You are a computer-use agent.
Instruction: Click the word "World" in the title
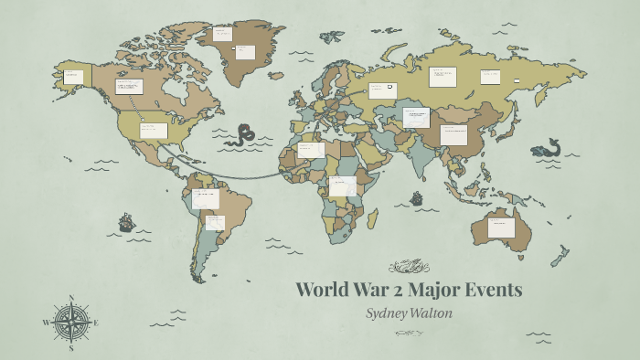(326, 291)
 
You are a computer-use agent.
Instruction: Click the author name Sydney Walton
(408, 312)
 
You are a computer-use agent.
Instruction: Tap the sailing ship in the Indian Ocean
(417, 197)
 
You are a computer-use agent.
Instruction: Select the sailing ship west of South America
(126, 222)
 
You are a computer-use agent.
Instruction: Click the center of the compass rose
(71, 323)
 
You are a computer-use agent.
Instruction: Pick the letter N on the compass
(71, 298)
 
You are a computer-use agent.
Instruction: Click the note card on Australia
(501, 227)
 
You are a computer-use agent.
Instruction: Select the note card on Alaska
(73, 77)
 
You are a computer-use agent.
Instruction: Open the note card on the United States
(153, 130)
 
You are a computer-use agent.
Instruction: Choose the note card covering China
(453, 134)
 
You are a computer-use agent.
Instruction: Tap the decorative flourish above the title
(409, 267)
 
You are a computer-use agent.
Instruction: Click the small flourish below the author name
(408, 333)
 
